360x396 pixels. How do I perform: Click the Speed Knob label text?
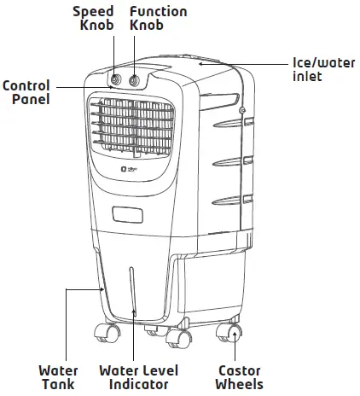[x=92, y=20]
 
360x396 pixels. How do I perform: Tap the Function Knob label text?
[x=158, y=20]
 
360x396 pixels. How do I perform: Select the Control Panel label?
[x=26, y=92]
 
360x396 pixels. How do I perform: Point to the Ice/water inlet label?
[x=319, y=70]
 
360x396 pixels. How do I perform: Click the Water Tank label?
[x=59, y=378]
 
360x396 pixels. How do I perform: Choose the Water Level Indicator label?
[x=137, y=378]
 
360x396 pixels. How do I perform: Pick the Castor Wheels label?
[x=239, y=378]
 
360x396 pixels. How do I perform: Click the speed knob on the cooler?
[x=115, y=79]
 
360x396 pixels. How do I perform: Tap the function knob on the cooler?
[x=134, y=80]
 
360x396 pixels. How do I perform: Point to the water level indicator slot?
[x=133, y=294]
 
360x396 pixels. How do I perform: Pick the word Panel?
[x=31, y=100]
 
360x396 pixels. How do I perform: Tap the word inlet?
[x=307, y=78]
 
